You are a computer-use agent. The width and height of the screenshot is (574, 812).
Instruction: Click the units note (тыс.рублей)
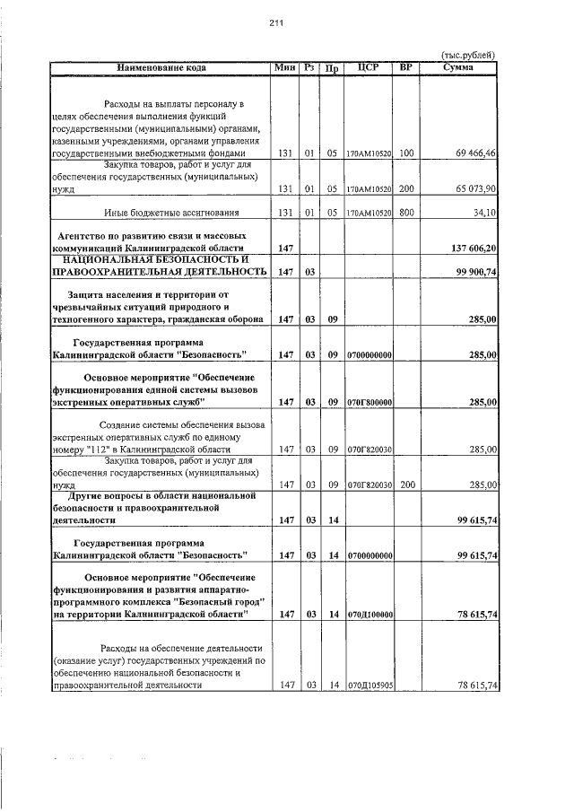pyautogui.click(x=469, y=57)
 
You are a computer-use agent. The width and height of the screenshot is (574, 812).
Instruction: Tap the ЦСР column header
pyautogui.click(x=369, y=68)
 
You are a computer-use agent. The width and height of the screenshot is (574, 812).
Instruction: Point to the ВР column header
pyautogui.click(x=406, y=68)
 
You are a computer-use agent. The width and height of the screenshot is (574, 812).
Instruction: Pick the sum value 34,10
pyautogui.click(x=484, y=213)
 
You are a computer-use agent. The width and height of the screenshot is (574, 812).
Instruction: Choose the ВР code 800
pyautogui.click(x=406, y=213)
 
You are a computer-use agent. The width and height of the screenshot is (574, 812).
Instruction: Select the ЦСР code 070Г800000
pyautogui.click(x=369, y=403)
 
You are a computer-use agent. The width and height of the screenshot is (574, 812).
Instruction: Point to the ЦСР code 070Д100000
pyautogui.click(x=369, y=615)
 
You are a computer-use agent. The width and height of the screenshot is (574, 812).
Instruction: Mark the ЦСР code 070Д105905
pyautogui.click(x=369, y=685)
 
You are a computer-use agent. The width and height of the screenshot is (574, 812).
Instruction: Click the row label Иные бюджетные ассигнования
pyautogui.click(x=170, y=213)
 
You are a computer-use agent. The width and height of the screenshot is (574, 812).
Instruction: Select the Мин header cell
pyautogui.click(x=285, y=68)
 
